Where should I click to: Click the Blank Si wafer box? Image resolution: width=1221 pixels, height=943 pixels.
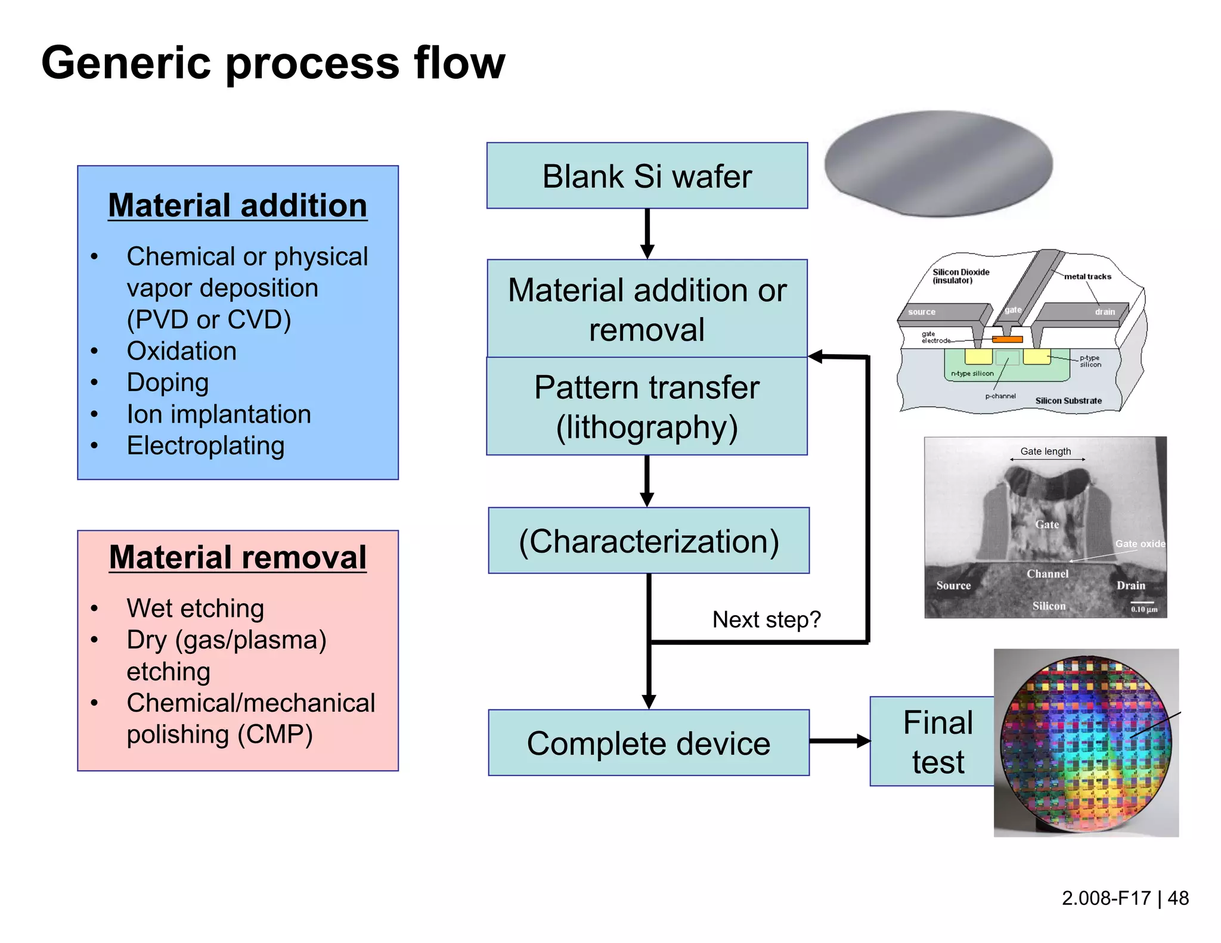tap(647, 176)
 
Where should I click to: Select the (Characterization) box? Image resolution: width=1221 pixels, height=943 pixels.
tap(649, 541)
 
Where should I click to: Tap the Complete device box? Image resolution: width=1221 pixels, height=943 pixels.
tap(649, 743)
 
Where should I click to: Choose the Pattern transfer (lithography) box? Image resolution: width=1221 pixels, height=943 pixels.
tap(647, 407)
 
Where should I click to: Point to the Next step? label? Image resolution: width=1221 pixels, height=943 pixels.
tap(766, 620)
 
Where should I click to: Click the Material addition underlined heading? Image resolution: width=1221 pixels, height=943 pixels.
tap(237, 206)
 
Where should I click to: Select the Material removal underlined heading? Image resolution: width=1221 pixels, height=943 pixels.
tap(237, 557)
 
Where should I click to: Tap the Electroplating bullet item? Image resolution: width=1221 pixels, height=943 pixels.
tap(206, 446)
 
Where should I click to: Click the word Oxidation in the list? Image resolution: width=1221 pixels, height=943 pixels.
tap(181, 351)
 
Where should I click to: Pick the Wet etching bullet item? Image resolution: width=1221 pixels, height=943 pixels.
tap(195, 609)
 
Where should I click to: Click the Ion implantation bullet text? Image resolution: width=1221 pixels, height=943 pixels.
tap(219, 414)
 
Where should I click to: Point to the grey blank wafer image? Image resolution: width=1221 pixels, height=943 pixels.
tap(938, 163)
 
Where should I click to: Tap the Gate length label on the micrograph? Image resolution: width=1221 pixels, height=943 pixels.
tap(1045, 451)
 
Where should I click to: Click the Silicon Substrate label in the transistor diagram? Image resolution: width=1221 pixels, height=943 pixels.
tap(1068, 401)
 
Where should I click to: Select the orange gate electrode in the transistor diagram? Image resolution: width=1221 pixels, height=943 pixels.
tap(1007, 339)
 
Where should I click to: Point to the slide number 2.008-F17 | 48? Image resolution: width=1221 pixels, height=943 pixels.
tap(1124, 898)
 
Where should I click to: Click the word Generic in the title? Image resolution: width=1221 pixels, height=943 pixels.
tap(126, 63)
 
